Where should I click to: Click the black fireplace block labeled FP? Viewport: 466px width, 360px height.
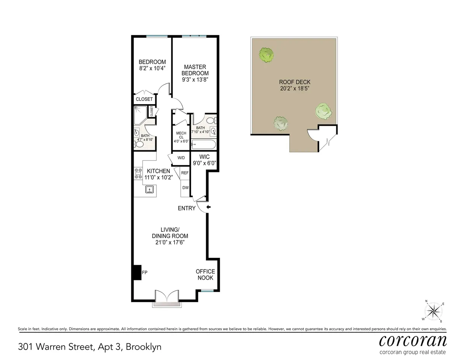(x=137, y=272)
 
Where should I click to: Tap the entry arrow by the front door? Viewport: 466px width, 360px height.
(x=209, y=208)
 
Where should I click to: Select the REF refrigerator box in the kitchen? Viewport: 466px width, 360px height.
(x=185, y=173)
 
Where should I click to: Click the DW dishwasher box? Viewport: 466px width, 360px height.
(x=185, y=188)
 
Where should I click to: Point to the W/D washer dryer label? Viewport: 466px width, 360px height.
(x=181, y=158)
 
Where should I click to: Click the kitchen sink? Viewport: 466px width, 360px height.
(x=150, y=190)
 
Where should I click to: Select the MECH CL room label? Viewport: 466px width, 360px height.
(x=181, y=137)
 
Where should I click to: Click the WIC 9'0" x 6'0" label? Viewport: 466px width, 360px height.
(x=205, y=160)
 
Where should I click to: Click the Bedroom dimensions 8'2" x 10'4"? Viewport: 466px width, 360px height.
(x=152, y=69)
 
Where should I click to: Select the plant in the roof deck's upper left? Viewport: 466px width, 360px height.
(x=267, y=55)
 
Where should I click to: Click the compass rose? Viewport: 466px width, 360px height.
(x=434, y=311)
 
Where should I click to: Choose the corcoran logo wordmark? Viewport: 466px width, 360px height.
(x=412, y=341)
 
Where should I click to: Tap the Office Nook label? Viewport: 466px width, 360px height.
(x=205, y=275)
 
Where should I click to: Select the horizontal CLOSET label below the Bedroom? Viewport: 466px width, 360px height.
(x=144, y=99)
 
